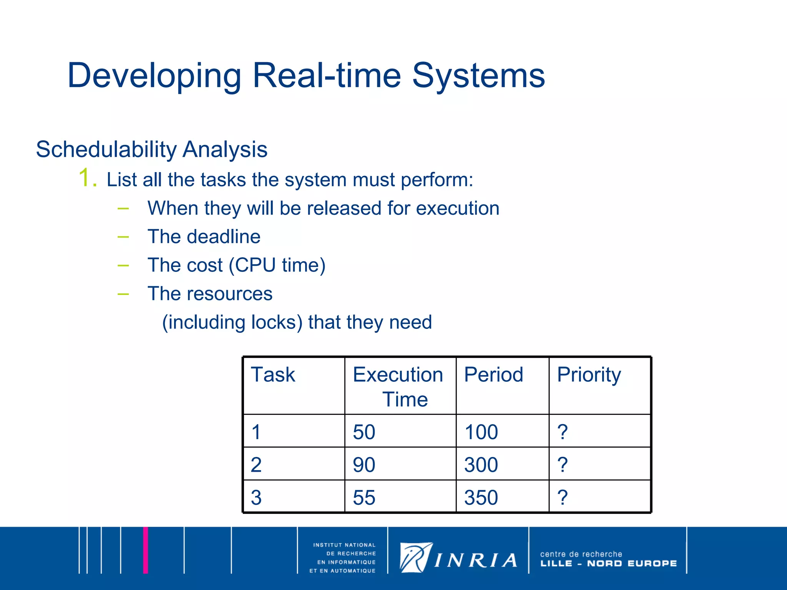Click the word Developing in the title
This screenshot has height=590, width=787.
tap(154, 76)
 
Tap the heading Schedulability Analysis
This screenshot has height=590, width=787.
tap(151, 149)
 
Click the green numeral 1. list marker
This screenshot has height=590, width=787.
tap(88, 178)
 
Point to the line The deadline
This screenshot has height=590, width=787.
tap(204, 237)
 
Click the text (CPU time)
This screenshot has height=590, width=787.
tap(277, 265)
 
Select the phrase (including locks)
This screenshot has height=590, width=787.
tap(232, 322)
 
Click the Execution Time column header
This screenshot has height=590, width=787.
tap(398, 386)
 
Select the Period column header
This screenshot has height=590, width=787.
tap(493, 375)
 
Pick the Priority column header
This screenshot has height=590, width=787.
tap(589, 375)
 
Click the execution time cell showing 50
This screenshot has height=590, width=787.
tap(364, 432)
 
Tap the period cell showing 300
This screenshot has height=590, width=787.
tap(481, 465)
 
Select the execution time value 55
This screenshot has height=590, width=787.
tap(364, 497)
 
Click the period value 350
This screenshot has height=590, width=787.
tap(481, 497)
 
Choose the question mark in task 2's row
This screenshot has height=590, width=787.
tap(563, 465)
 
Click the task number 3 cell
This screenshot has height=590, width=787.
tap(256, 497)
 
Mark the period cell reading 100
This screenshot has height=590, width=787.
tap(481, 432)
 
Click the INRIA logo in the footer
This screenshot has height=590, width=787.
tap(458, 558)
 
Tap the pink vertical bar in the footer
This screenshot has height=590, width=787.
tap(146, 550)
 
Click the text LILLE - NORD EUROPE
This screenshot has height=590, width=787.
tap(608, 563)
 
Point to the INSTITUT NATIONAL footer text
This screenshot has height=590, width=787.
tap(344, 545)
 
